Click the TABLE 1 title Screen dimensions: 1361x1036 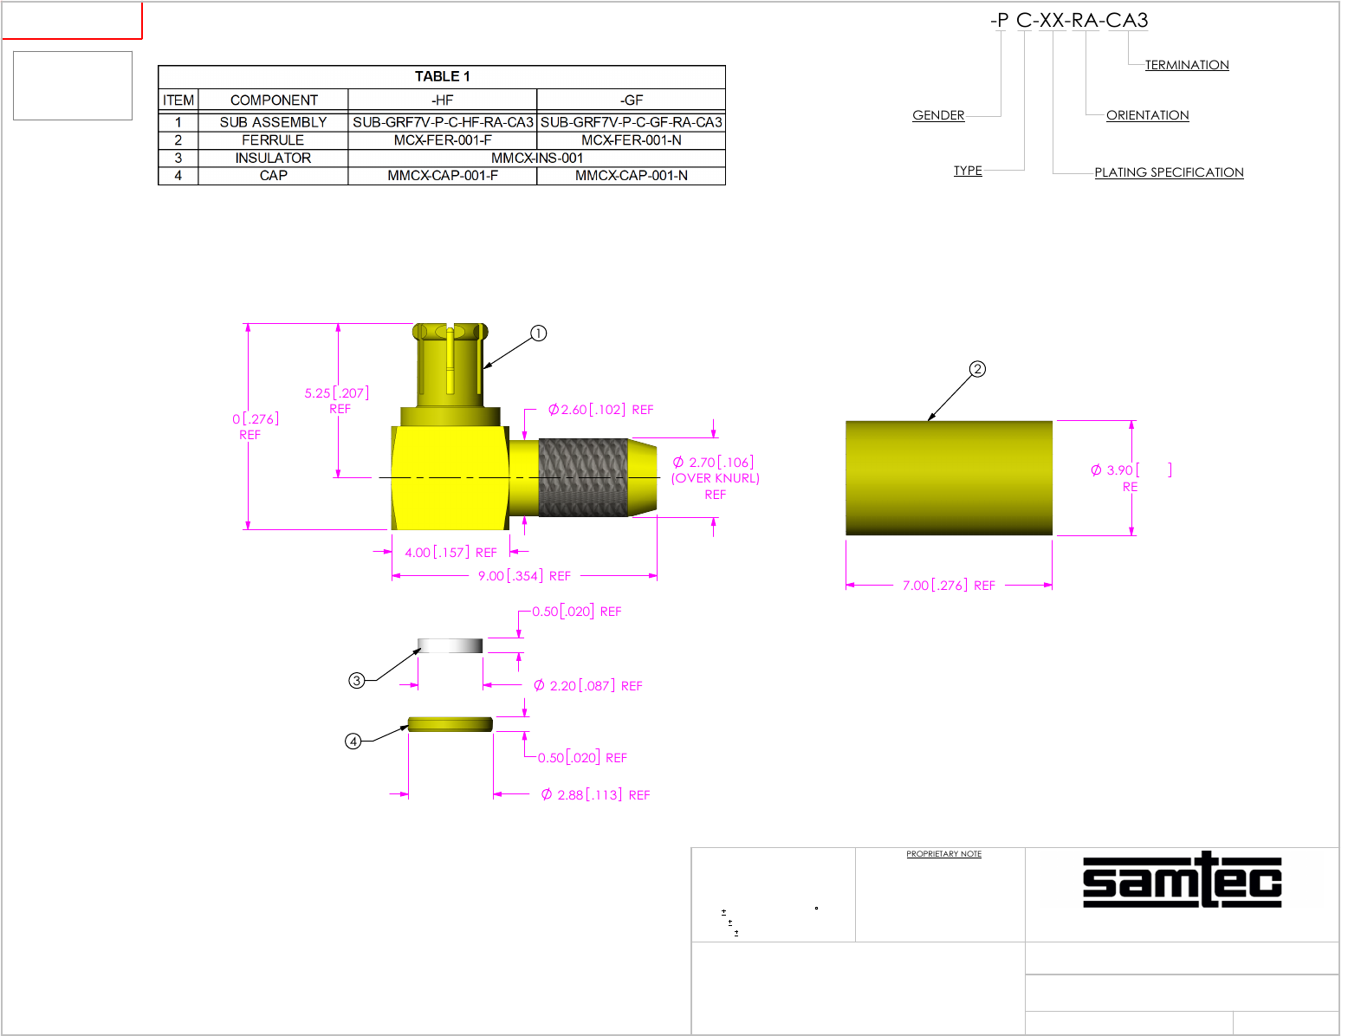[442, 76]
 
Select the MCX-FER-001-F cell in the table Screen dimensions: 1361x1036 [442, 140]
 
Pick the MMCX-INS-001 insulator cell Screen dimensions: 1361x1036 [536, 158]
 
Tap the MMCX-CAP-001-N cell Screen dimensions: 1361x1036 [631, 176]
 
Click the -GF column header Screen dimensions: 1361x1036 [631, 100]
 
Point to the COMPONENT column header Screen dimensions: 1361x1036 [274, 100]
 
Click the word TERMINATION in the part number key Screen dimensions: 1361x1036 [1186, 65]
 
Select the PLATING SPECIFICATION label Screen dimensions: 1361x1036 [1168, 172]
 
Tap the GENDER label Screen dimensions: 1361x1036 [937, 115]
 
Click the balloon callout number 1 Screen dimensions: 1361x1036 [538, 333]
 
